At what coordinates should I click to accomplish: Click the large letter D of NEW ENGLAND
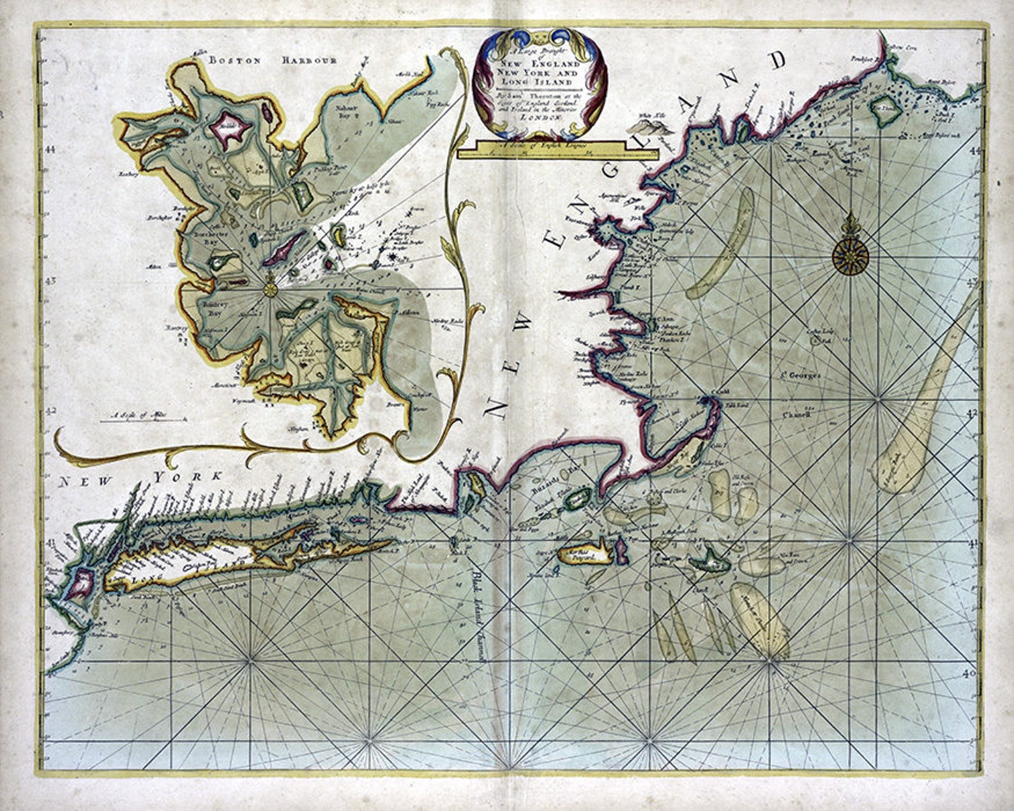click(778, 61)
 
